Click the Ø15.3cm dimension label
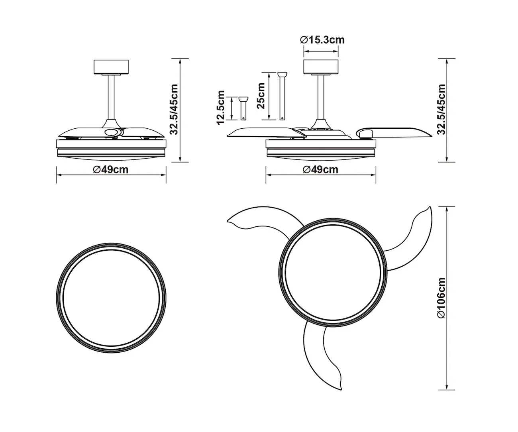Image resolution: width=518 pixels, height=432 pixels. coord(322,40)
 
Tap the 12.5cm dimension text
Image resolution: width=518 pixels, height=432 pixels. coord(220,108)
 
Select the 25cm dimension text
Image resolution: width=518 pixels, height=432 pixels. coord(261,96)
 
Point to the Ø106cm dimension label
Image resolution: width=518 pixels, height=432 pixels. coord(442,298)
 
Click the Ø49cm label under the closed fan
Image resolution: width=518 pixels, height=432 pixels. coord(111,170)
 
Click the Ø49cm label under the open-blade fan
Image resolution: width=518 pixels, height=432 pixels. coord(320,170)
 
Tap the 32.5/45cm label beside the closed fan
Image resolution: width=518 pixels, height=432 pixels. coord(174,110)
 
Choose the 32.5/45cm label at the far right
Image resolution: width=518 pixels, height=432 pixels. coord(441,110)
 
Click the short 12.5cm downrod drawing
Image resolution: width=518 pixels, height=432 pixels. coord(243,108)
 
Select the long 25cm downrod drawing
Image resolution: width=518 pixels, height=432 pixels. coord(283,96)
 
